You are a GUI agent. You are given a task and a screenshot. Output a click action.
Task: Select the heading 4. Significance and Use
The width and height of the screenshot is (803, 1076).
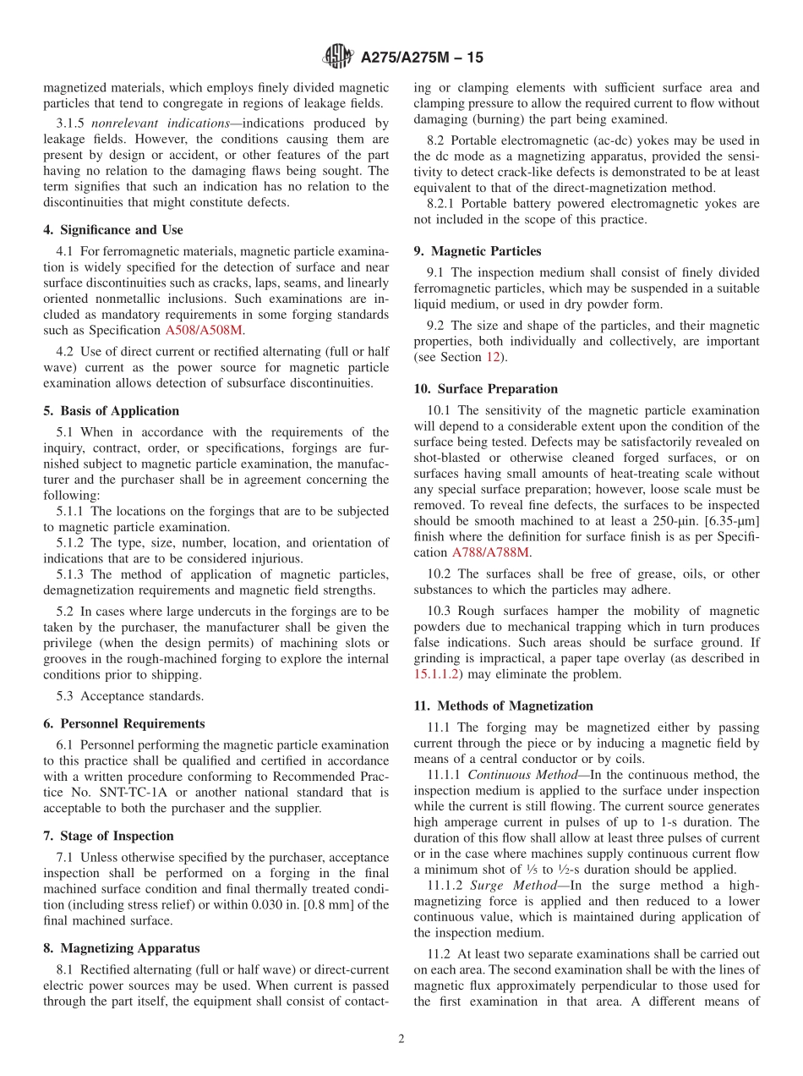coord(112,230)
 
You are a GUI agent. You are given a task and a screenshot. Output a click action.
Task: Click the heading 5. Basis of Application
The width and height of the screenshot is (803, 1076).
coord(111,411)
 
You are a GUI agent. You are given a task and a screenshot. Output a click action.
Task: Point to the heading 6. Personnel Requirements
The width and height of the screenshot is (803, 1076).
coord(123,724)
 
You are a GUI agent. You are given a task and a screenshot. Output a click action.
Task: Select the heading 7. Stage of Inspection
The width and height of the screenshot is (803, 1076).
coord(108,836)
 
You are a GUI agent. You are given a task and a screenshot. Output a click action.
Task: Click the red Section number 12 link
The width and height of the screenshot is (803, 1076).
coord(492,357)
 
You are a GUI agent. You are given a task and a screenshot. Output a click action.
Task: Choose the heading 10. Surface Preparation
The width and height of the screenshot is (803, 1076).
coord(486,389)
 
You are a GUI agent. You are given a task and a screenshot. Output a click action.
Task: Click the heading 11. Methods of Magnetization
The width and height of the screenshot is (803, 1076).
coord(503,705)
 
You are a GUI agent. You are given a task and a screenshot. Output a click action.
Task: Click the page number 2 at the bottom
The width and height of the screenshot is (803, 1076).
coord(401,1040)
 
